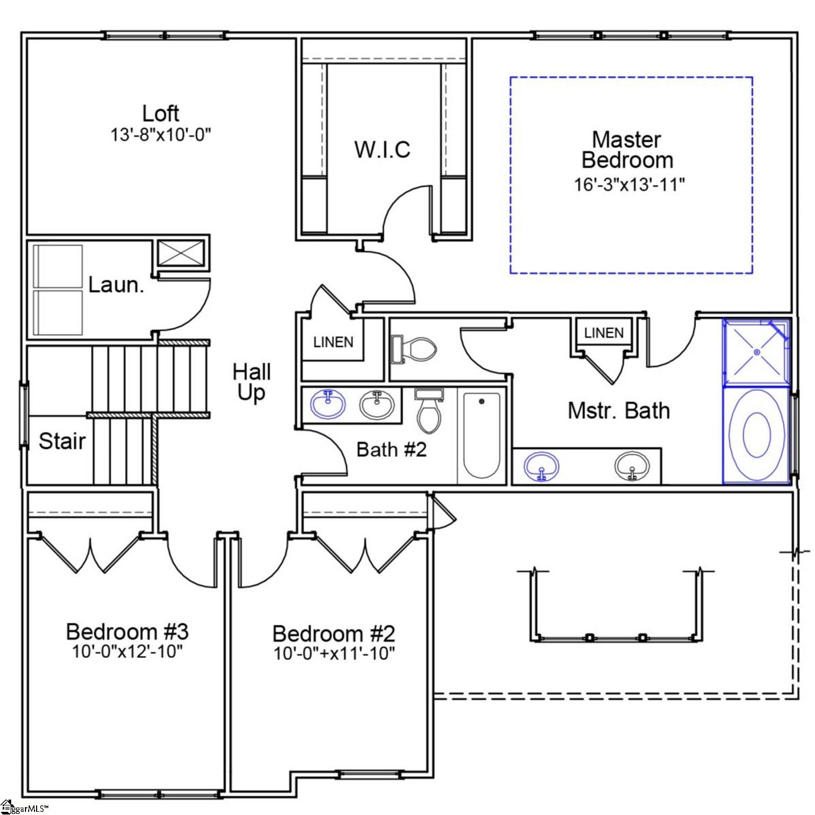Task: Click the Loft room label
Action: click(160, 114)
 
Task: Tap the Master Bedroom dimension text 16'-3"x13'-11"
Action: click(629, 185)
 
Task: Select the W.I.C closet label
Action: click(382, 150)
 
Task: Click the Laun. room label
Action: click(116, 285)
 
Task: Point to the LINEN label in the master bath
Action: click(604, 333)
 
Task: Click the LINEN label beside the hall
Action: click(333, 342)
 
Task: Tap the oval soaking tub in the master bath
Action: click(757, 435)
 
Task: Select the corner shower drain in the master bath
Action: click(757, 352)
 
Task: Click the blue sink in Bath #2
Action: click(328, 404)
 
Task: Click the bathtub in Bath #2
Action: click(482, 435)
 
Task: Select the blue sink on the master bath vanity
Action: click(541, 466)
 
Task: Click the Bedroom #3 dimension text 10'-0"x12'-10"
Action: click(127, 651)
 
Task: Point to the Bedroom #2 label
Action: click(334, 634)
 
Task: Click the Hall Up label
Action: click(252, 382)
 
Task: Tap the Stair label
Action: click(62, 441)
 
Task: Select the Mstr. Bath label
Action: click(619, 411)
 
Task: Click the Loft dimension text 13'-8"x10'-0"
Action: click(160, 135)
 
